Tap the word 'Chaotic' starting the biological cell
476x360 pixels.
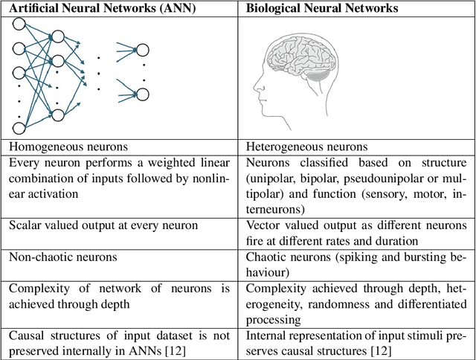266,257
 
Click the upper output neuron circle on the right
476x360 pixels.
141,51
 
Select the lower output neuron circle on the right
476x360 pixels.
141,93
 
